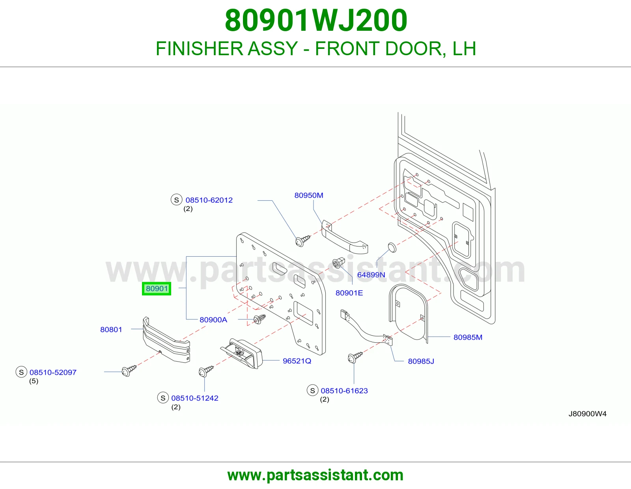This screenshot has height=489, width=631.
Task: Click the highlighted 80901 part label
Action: [x=157, y=288]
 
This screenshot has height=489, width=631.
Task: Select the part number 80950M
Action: [x=309, y=195]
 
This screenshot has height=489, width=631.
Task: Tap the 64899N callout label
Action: [x=371, y=275]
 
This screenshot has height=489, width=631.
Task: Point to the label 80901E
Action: [x=349, y=293]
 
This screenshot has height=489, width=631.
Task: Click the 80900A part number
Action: [x=213, y=320]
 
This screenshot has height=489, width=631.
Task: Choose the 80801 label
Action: [x=111, y=330]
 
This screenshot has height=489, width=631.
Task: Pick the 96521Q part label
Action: [x=297, y=361]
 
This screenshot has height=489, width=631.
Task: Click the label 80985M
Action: [x=468, y=337]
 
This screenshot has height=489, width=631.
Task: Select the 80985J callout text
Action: [x=421, y=361]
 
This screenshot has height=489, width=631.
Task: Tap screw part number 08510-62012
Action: [x=209, y=200]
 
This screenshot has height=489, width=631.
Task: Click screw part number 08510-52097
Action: [x=53, y=372]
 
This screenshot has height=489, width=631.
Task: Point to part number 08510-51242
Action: [x=194, y=398]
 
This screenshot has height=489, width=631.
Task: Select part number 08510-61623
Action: [x=344, y=390]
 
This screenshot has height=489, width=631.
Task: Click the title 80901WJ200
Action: [x=316, y=21]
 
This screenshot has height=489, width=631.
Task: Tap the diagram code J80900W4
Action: [x=588, y=414]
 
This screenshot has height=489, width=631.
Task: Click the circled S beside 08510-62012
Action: [x=176, y=200]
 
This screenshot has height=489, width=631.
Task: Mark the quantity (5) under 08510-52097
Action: [x=34, y=381]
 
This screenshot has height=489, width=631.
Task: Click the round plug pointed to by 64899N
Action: [x=392, y=248]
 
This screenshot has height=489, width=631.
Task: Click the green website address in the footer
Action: [x=315, y=475]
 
